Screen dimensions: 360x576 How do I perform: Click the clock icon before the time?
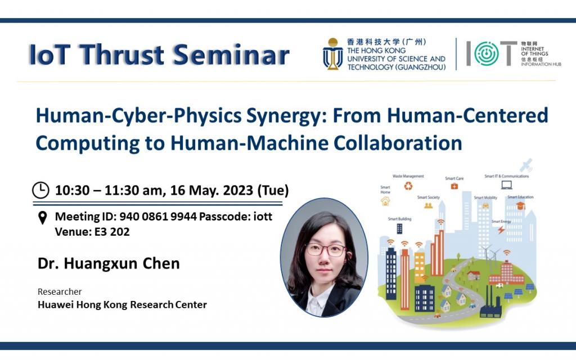pos(40,190)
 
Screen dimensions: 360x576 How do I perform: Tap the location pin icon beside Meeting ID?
pos(42,218)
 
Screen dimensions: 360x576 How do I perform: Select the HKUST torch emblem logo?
pos(332,54)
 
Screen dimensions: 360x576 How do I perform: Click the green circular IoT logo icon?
pos(486,54)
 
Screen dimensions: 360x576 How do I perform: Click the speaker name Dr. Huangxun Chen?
pos(109,263)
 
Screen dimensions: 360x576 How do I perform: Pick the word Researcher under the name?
pos(60,291)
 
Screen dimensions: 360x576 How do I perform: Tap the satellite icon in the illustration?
pos(526,166)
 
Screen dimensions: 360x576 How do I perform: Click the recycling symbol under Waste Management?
pos(408,186)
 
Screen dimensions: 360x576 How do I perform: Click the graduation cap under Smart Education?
pos(520,206)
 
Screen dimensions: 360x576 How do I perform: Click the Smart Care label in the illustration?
pos(454,178)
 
